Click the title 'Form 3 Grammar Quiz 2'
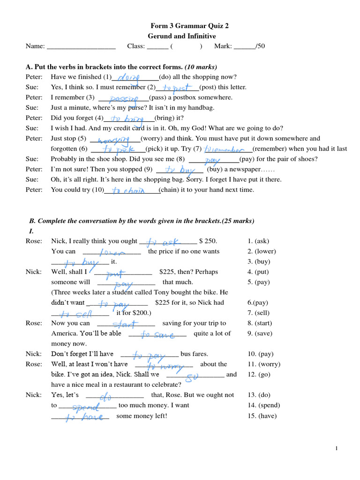183,26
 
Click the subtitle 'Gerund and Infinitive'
182,36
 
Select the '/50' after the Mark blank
260,46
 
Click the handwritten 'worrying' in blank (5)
115,139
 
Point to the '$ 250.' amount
208,241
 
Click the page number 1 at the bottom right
337,449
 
